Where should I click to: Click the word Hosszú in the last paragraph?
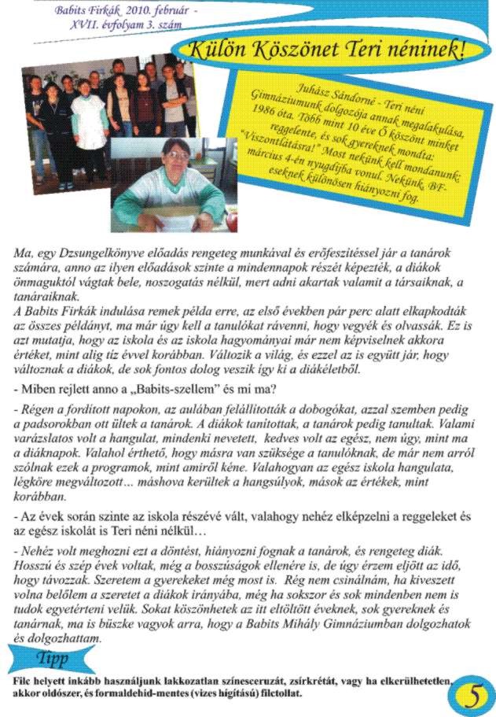(34, 564)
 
